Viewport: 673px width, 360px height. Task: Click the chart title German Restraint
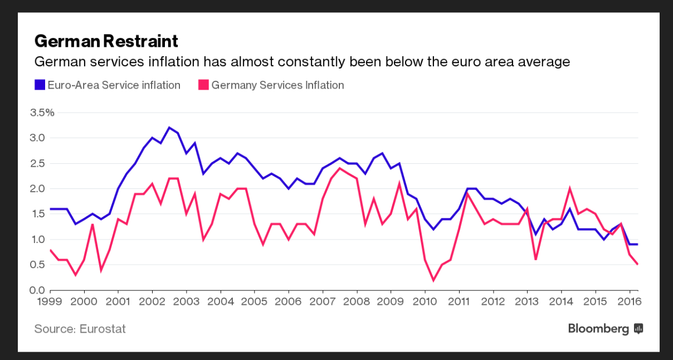(106, 41)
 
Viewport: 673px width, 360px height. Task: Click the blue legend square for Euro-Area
(40, 85)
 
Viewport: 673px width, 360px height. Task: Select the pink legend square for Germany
(203, 85)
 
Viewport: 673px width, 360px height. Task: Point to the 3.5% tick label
(42, 113)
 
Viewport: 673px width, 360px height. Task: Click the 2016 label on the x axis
(630, 301)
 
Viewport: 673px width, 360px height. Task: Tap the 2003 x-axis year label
(186, 301)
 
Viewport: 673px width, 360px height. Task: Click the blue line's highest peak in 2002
(169, 128)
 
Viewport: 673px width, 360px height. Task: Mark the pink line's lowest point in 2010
(433, 280)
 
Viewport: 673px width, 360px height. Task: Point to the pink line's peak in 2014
(570, 188)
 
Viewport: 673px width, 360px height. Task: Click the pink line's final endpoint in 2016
(638, 264)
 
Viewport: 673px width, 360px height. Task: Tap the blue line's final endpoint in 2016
(638, 244)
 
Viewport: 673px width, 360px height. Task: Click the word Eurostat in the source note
(103, 329)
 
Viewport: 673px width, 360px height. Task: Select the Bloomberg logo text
(598, 329)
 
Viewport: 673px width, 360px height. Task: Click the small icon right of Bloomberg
(638, 329)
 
